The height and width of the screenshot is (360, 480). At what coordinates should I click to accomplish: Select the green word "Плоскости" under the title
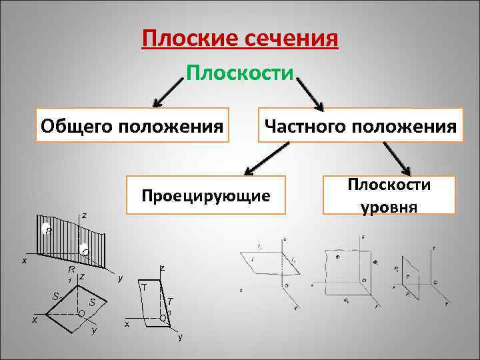pos(240,71)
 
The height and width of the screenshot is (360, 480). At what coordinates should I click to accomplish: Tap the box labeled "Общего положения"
pos(131,125)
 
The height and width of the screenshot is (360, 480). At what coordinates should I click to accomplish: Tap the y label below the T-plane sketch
pos(179,337)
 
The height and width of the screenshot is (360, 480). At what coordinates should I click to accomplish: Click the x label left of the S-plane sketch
pos(35,319)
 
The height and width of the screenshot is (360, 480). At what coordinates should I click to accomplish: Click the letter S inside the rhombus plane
pos(93,303)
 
